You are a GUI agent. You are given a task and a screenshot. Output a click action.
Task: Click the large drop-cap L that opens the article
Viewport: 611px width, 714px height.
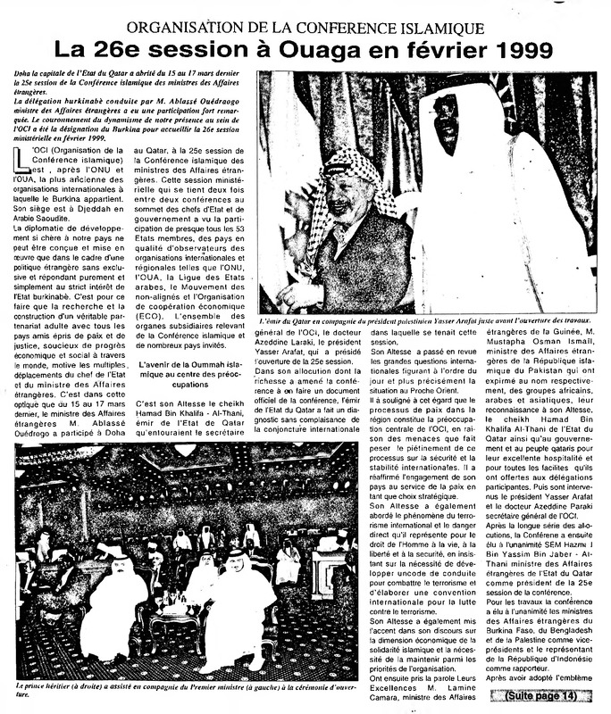pyautogui.click(x=22, y=161)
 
